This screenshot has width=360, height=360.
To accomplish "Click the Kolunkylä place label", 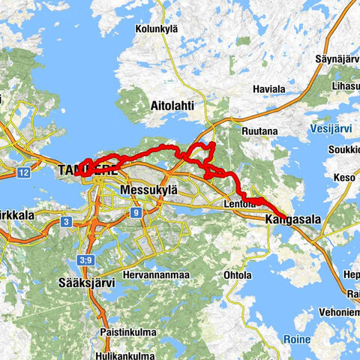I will point(155,29).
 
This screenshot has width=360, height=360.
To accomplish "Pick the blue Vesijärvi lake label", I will point(328,129).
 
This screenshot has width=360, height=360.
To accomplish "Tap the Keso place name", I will point(345,178).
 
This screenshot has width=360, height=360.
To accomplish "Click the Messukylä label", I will point(147,190).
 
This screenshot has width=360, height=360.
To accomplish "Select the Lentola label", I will point(240,203).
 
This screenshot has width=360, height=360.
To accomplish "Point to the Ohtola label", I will point(238,275).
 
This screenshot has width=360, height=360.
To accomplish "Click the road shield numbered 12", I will point(24,173).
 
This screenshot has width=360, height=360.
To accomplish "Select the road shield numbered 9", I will point(136,213).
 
